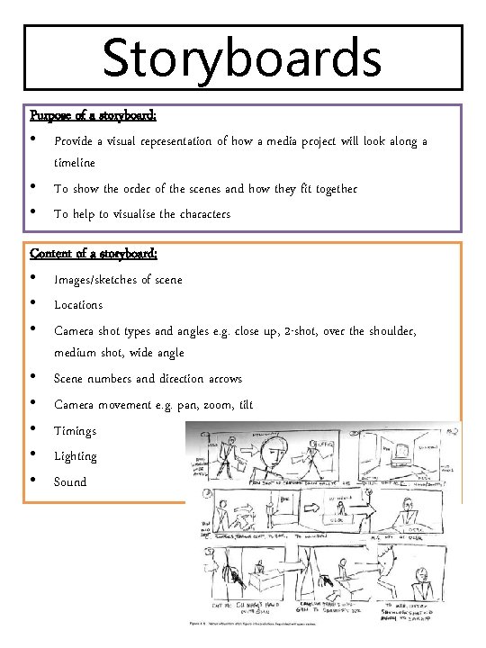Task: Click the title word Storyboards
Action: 242,58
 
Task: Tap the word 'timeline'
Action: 75,163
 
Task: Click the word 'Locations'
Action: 78,305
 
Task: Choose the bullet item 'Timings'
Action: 75,431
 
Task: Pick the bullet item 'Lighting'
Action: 76,456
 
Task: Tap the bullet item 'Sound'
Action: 70,481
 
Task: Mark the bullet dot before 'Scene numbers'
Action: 33,377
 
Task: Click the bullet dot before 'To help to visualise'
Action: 33,213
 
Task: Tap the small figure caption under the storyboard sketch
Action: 252,622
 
